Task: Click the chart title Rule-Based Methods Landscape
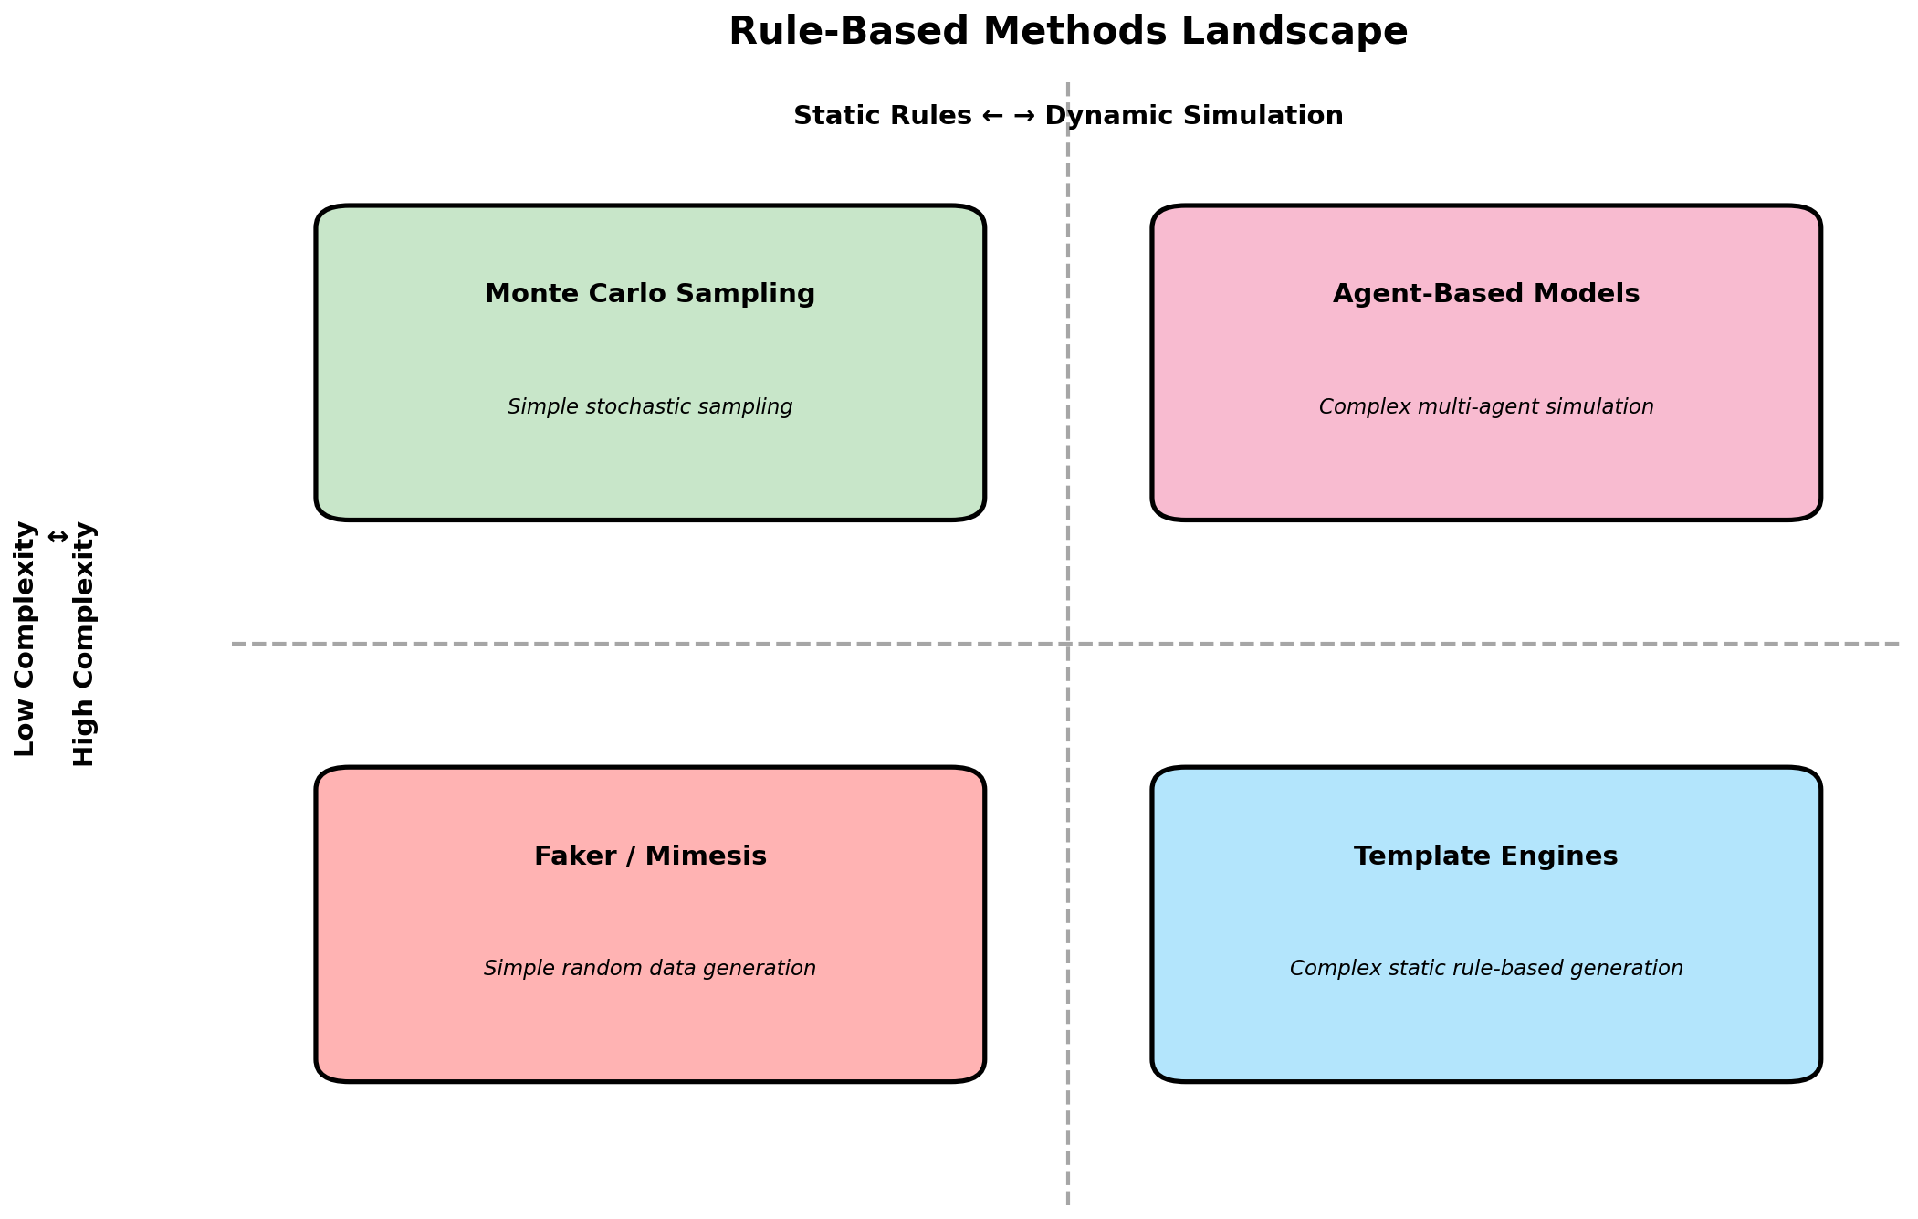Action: pos(1067,32)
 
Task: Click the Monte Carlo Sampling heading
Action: pos(650,294)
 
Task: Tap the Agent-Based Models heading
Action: pos(1485,294)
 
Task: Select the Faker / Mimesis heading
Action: pos(650,856)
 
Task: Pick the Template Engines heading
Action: pos(1485,856)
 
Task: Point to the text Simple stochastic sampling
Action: pos(650,407)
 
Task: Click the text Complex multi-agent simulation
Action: pos(1485,407)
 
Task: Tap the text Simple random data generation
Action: pos(650,969)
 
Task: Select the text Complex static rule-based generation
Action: pos(1485,969)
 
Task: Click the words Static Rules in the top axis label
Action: pos(882,116)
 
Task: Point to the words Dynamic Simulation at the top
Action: pos(1193,116)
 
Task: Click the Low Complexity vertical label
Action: pos(26,639)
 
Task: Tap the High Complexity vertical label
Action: pos(84,644)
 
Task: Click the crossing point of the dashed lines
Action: pos(1067,644)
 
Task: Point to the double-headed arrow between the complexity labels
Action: pos(57,536)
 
